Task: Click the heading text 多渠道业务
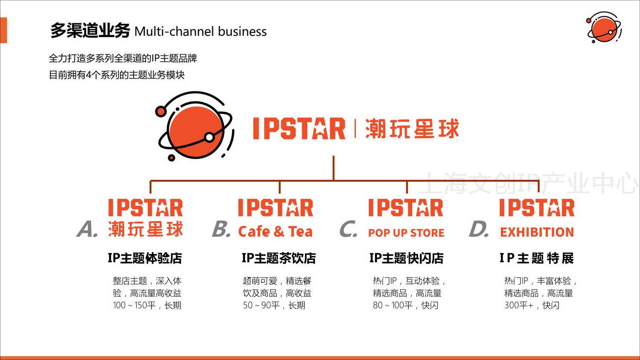click(90, 31)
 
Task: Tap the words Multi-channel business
click(200, 32)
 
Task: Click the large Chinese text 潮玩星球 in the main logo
click(412, 129)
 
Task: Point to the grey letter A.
click(87, 229)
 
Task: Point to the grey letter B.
click(221, 229)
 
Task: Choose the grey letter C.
click(348, 229)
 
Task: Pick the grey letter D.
click(478, 229)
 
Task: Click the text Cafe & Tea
click(275, 232)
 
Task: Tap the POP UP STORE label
click(406, 233)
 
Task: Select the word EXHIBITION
click(537, 232)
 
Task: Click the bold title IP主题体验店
click(145, 258)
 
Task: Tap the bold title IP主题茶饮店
click(279, 258)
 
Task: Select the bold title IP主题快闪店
click(406, 258)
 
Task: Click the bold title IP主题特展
click(536, 258)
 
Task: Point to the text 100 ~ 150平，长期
click(147, 305)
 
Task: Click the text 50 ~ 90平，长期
click(274, 305)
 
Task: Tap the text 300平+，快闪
click(532, 305)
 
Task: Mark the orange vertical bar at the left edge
click(3, 30)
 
